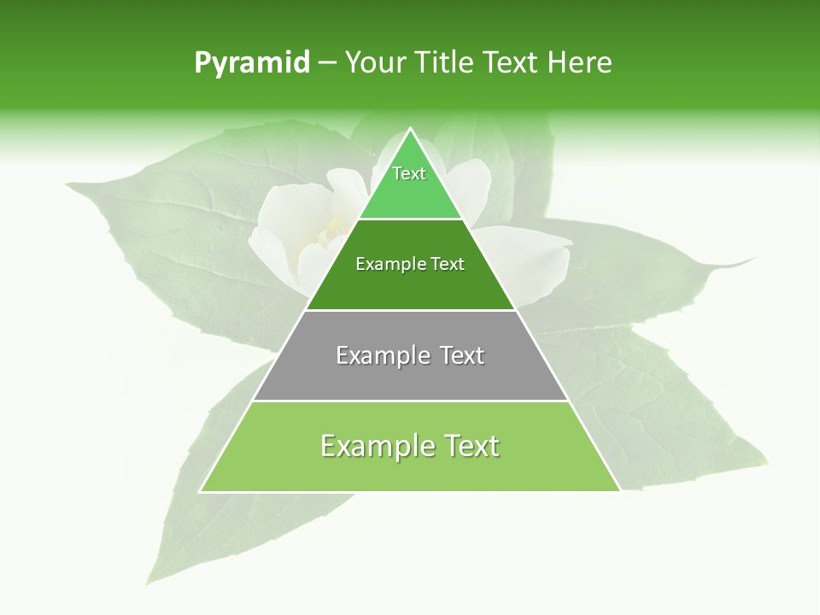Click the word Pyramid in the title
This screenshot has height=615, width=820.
(x=251, y=63)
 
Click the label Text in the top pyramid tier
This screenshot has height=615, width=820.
(x=409, y=173)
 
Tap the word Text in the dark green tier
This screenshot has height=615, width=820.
(x=448, y=264)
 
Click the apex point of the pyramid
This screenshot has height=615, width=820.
(x=410, y=129)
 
